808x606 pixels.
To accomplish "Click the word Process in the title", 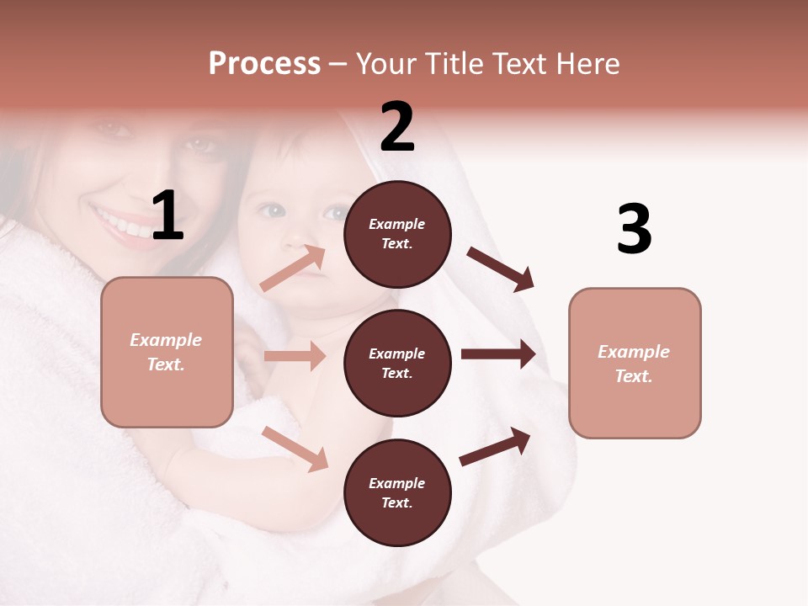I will [264, 64].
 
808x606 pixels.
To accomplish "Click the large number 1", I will [167, 216].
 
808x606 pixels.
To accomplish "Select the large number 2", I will [397, 127].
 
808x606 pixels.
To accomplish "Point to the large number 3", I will [634, 230].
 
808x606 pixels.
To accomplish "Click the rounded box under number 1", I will [167, 352].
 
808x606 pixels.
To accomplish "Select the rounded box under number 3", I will [635, 364].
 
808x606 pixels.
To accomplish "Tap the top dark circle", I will [397, 234].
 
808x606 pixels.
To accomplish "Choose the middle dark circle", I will [397, 363].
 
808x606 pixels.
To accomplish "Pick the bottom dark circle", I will [397, 492].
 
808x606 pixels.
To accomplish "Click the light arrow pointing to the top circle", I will [293, 268].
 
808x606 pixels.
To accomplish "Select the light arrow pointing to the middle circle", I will [295, 356].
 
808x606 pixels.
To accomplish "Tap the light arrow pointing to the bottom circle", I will [295, 449].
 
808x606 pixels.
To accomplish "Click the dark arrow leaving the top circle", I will [501, 269].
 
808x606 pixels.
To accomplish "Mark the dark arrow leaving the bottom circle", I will [495, 446].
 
